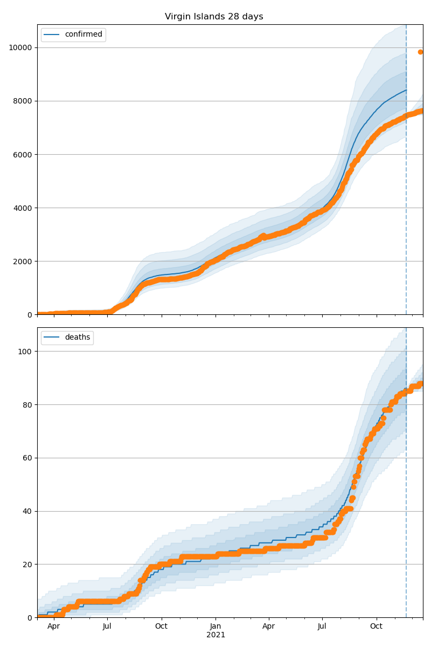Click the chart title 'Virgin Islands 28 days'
(x=214, y=17)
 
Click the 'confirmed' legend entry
(x=84, y=35)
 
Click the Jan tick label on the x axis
(x=215, y=627)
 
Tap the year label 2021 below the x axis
(x=215, y=635)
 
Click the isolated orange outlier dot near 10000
(x=421, y=52)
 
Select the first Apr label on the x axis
(x=53, y=627)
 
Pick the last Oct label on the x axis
(x=376, y=627)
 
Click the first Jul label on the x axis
(x=107, y=627)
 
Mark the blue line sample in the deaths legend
(x=53, y=338)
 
